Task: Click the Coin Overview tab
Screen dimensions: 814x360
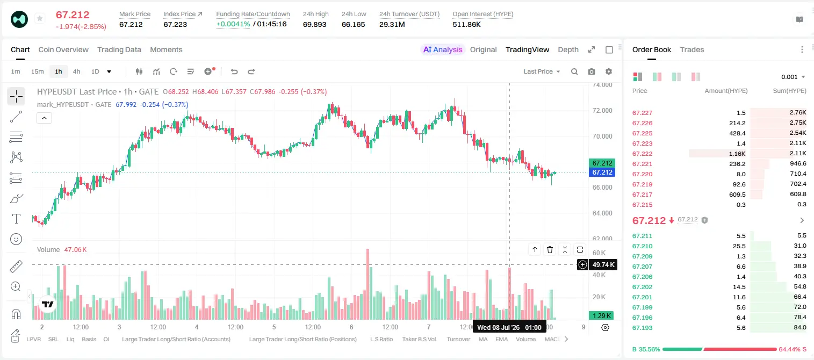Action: [63, 49]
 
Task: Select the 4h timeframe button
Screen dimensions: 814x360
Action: [76, 71]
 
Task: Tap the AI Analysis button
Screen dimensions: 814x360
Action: [443, 49]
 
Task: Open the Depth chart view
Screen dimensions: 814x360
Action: [568, 49]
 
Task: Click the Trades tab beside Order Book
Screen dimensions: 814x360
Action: [692, 49]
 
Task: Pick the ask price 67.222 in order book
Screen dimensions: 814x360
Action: [642, 154]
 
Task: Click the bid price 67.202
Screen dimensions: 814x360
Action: [642, 287]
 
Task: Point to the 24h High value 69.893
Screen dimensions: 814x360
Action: [314, 24]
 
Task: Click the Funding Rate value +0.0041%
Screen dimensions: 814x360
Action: [233, 24]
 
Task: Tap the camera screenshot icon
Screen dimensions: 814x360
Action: [592, 71]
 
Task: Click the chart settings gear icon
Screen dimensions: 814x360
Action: [609, 71]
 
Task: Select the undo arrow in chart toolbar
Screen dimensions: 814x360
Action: [234, 71]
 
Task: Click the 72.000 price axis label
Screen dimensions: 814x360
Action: [602, 111]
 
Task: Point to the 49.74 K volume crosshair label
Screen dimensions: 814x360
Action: [603, 265]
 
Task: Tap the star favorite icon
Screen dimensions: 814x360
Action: [40, 18]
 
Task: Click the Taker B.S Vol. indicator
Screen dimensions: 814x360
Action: [419, 339]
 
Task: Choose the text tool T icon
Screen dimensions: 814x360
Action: [16, 219]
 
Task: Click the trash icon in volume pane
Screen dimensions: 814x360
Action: [550, 249]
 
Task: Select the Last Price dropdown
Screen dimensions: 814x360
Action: [542, 71]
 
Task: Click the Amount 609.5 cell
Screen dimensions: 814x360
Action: [737, 195]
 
